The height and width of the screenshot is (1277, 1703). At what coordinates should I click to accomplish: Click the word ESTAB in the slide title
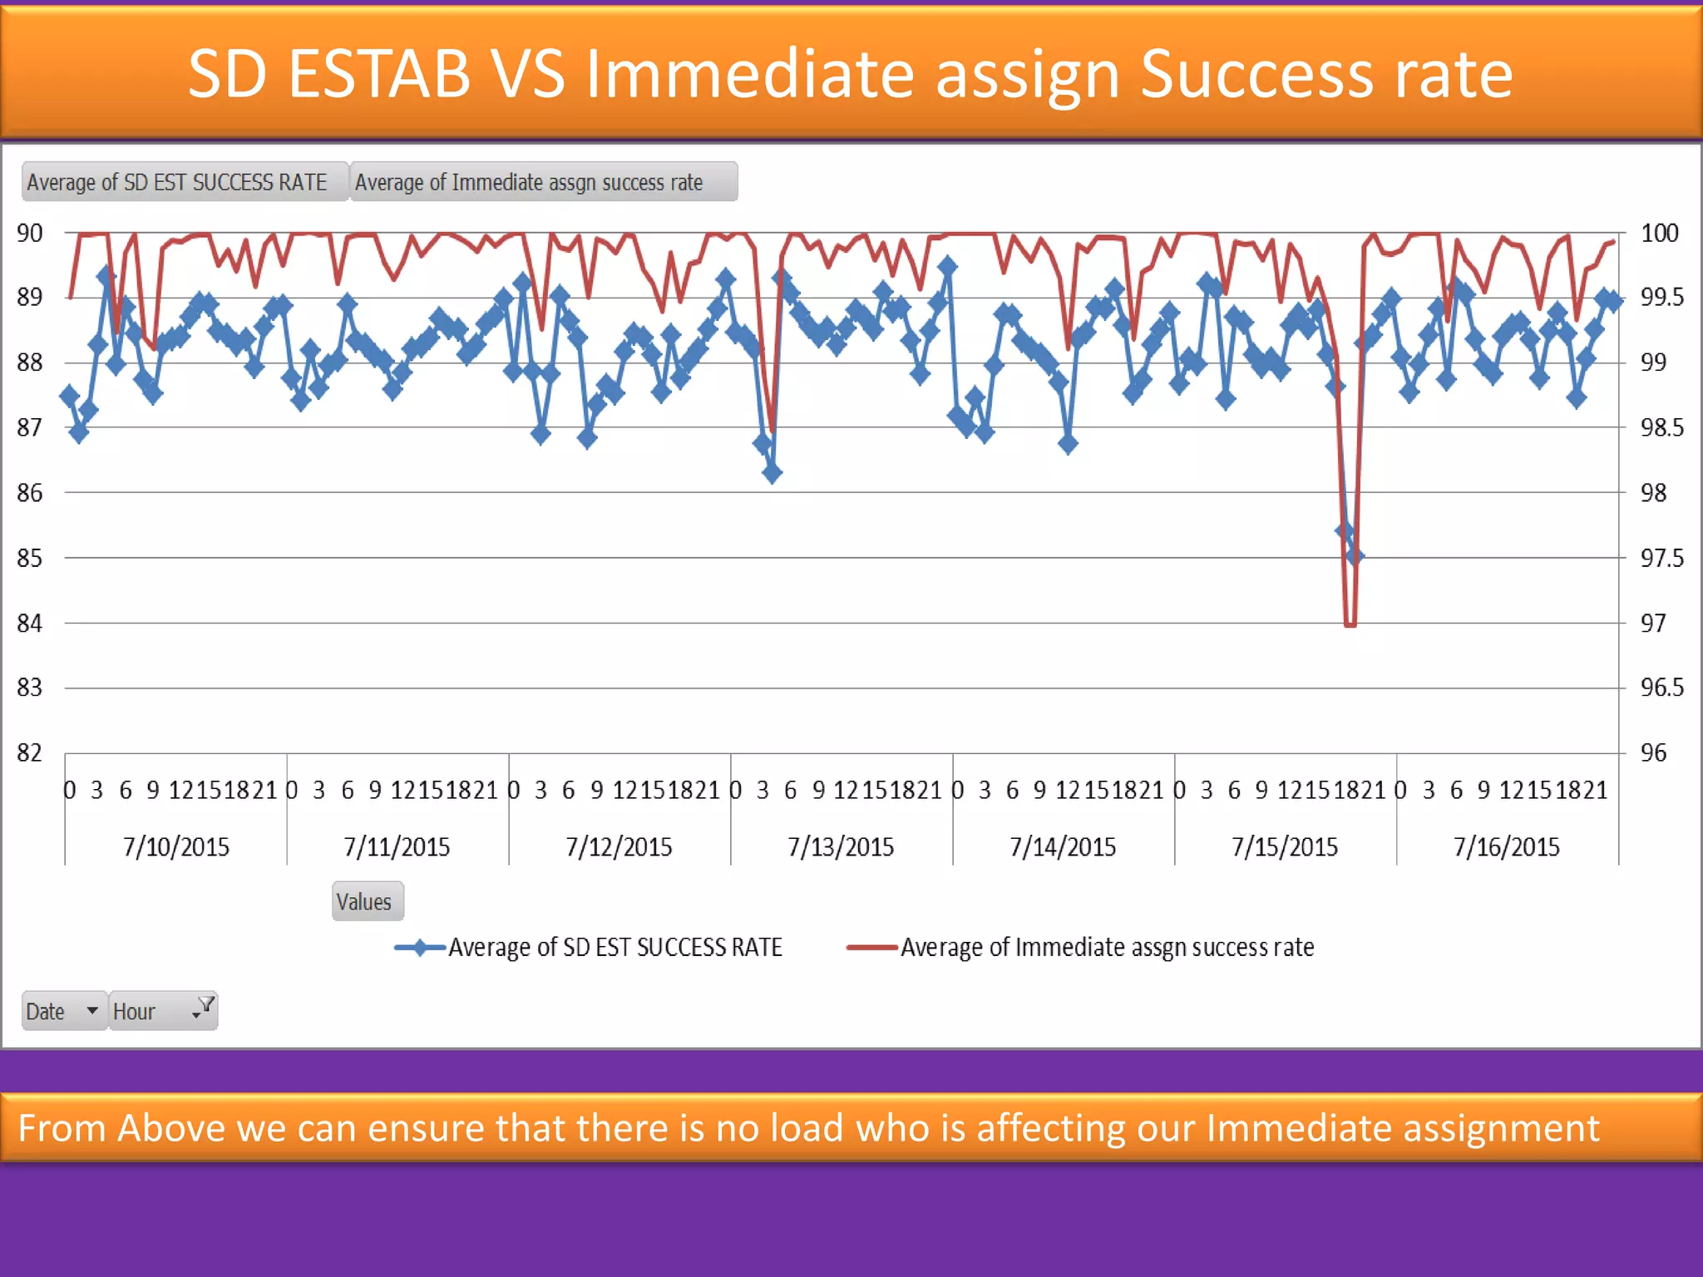pos(379,74)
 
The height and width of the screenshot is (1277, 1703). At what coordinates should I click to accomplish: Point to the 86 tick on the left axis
pos(29,493)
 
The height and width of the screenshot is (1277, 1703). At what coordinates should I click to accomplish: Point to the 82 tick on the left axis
pos(29,752)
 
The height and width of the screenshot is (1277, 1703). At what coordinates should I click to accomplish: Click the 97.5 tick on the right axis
pos(1661,558)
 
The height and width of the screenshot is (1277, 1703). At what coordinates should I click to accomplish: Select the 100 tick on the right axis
pos(1658,233)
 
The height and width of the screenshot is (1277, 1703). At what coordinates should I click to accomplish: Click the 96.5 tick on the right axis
pos(1661,688)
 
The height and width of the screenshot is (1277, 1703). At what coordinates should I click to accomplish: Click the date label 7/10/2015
pos(175,847)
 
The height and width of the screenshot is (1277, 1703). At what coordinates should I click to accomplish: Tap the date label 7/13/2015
pos(841,847)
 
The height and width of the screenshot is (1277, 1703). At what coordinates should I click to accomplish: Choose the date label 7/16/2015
pos(1506,847)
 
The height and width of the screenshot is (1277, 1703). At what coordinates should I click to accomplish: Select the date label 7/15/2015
pos(1285,847)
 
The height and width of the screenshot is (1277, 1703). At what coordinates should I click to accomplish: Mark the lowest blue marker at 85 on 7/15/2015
pos(1355,555)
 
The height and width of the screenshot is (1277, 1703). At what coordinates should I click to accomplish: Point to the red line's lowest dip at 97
pos(1350,624)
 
